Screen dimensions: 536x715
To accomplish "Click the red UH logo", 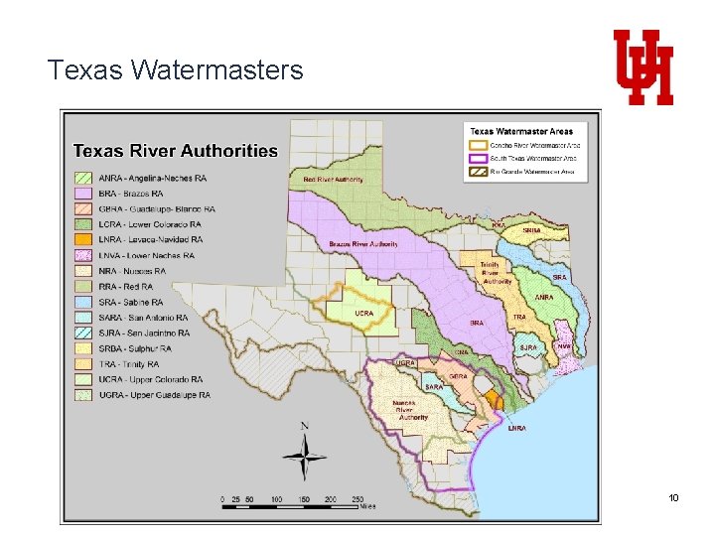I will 643,67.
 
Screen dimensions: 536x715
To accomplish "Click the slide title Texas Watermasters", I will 175,69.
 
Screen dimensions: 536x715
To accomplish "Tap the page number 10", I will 673,496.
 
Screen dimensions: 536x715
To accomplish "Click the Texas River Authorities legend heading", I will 176,151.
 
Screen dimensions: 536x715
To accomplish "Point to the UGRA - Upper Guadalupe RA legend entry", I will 154,395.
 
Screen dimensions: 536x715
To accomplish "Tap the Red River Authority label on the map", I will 333,180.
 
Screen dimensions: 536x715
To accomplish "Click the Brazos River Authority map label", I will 363,244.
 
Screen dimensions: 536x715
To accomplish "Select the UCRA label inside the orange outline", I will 363,313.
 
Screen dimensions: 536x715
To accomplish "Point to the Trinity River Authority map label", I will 497,274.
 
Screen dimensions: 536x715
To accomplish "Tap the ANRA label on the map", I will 544,297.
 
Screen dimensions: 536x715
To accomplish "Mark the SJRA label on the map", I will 528,347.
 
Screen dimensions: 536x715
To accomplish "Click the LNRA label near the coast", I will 516,428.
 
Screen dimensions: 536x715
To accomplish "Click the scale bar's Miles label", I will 367,506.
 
